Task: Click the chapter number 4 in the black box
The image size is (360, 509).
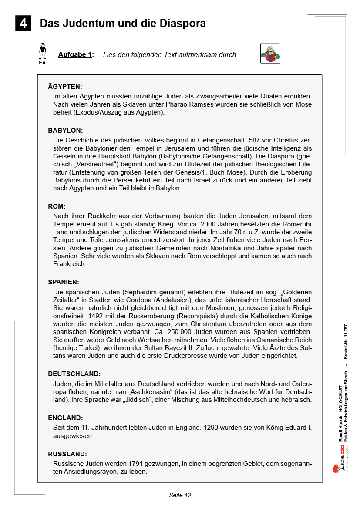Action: click(23, 23)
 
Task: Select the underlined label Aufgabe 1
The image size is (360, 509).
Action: click(76, 55)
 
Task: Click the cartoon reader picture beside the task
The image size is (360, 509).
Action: click(270, 54)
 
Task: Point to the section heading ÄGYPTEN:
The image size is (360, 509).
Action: click(65, 87)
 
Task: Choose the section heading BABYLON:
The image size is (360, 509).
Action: click(65, 131)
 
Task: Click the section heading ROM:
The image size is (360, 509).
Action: click(57, 206)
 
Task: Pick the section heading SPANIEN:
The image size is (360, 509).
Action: click(64, 282)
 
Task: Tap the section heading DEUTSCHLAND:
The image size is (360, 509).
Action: click(74, 374)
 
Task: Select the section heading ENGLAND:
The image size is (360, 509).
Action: click(65, 418)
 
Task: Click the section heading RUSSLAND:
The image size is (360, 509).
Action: click(67, 454)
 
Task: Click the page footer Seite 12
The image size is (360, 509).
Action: click(180, 495)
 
